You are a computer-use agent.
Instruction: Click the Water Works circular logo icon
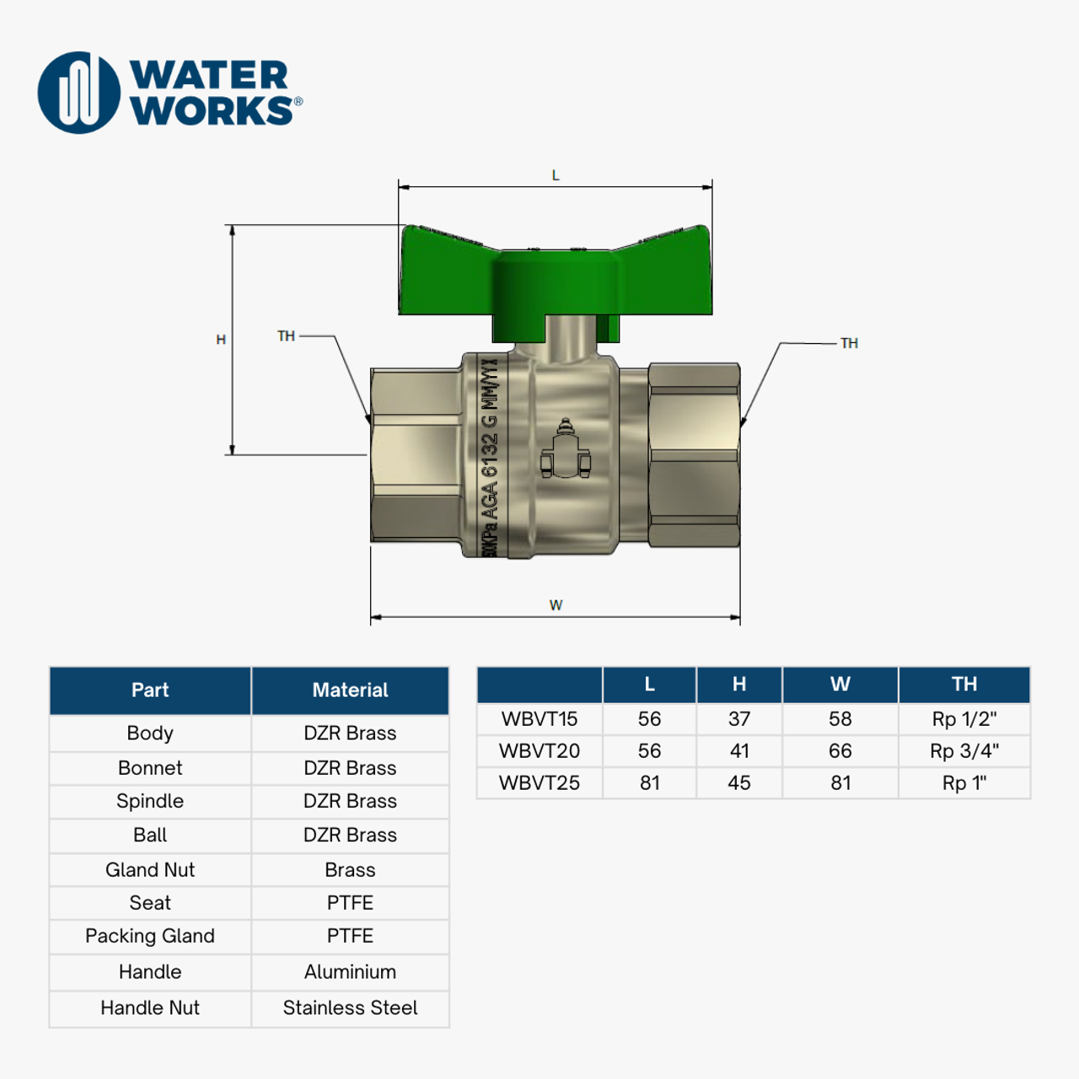(x=79, y=93)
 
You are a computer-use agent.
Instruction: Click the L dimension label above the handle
(x=556, y=175)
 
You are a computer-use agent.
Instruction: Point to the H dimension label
(x=221, y=340)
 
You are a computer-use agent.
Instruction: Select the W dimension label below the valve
(x=556, y=605)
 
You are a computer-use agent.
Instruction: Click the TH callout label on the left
(x=287, y=336)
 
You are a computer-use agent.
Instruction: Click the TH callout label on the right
(x=849, y=343)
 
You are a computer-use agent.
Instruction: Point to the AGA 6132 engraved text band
(x=490, y=455)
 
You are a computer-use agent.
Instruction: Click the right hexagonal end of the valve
(x=694, y=455)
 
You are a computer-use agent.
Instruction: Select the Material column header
(x=350, y=690)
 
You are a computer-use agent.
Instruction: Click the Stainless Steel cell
(x=350, y=1008)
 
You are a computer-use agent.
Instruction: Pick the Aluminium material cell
(x=350, y=972)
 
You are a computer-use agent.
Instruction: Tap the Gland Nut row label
(x=150, y=870)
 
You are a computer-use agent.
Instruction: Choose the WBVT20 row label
(x=539, y=751)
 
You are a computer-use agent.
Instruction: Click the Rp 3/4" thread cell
(x=964, y=751)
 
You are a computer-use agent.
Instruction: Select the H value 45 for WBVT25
(x=739, y=783)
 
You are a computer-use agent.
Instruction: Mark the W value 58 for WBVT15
(x=840, y=719)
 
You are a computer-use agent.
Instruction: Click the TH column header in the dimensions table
(x=964, y=684)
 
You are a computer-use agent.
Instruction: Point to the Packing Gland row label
(x=150, y=937)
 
